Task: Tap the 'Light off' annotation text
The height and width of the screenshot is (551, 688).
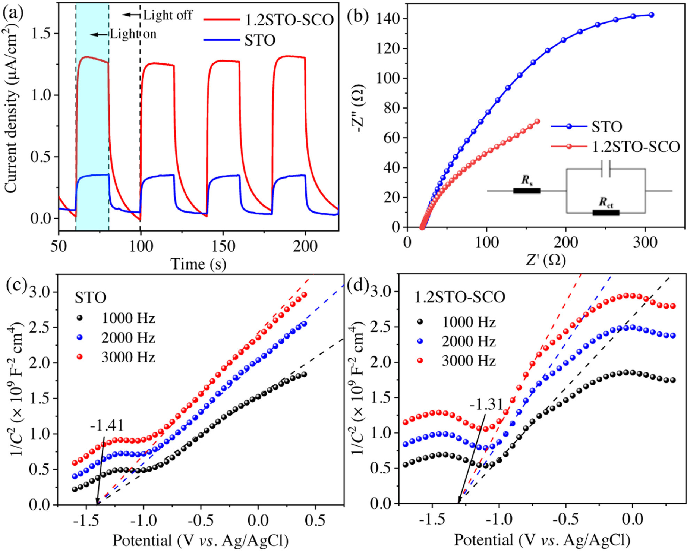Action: tap(167, 15)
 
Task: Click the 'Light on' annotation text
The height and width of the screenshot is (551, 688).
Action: tap(133, 34)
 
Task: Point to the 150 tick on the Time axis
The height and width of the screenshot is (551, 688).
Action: tap(223, 246)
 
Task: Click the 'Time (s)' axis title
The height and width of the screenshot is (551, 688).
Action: tap(198, 264)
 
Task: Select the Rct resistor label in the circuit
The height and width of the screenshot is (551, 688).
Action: tap(606, 202)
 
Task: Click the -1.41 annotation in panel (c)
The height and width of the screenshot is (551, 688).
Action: tap(107, 426)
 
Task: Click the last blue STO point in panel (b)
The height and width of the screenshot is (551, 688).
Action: tap(651, 15)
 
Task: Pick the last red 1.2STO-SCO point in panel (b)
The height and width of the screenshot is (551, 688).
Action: tap(537, 121)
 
